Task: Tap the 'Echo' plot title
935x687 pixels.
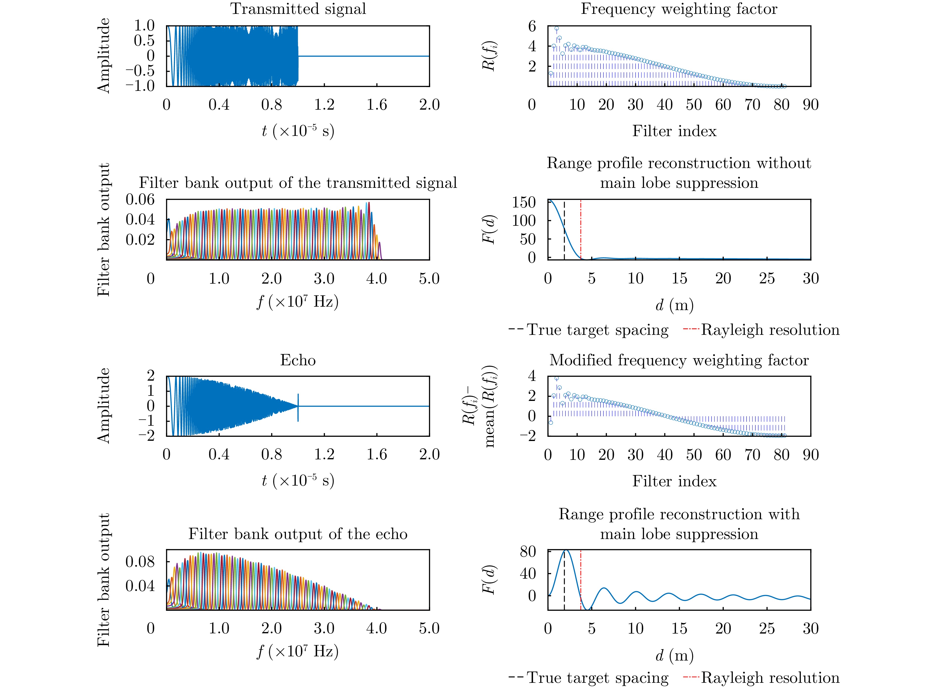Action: (298, 360)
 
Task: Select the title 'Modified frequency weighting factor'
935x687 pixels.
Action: (679, 360)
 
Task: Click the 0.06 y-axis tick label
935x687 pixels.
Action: (140, 200)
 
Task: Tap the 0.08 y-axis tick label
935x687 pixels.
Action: (140, 562)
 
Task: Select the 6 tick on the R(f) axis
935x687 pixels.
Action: (532, 26)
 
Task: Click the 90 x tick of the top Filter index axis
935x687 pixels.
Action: (810, 104)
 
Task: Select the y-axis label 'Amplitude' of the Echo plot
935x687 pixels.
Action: (103, 405)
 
